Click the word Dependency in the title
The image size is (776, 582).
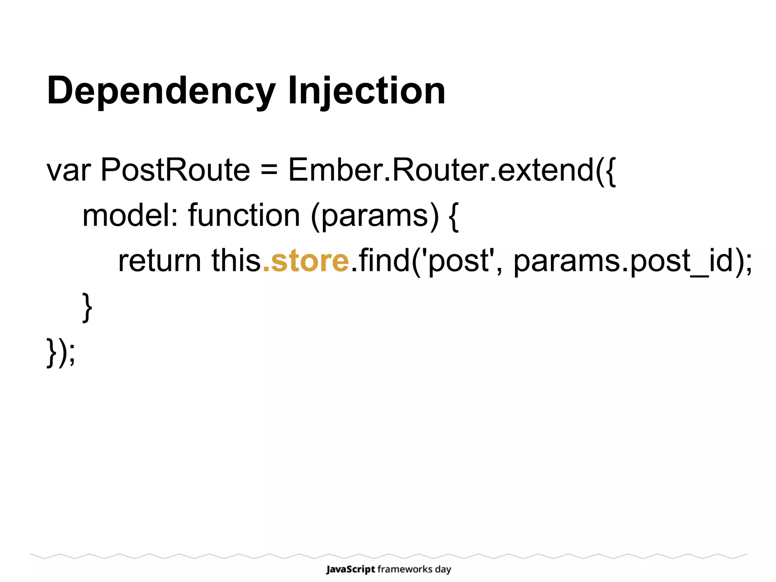(161, 91)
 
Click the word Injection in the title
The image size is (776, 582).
(366, 91)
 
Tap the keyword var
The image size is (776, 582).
(68, 171)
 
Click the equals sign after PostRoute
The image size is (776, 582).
(269, 171)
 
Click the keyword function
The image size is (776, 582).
(244, 215)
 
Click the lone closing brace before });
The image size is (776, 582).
(87, 307)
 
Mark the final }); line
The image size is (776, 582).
(61, 352)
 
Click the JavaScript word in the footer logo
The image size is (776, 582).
(350, 569)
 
